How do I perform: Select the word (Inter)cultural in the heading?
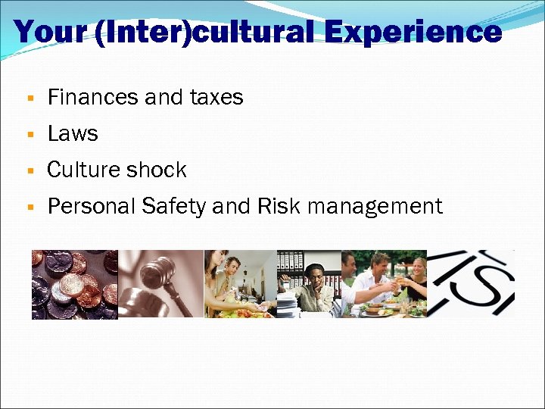pyautogui.click(x=204, y=32)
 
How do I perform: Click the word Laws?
pyautogui.click(x=73, y=133)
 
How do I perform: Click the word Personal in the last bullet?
pyautogui.click(x=90, y=206)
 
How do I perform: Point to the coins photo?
pyautogui.click(x=74, y=284)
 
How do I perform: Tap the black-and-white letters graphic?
pyautogui.click(x=471, y=283)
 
